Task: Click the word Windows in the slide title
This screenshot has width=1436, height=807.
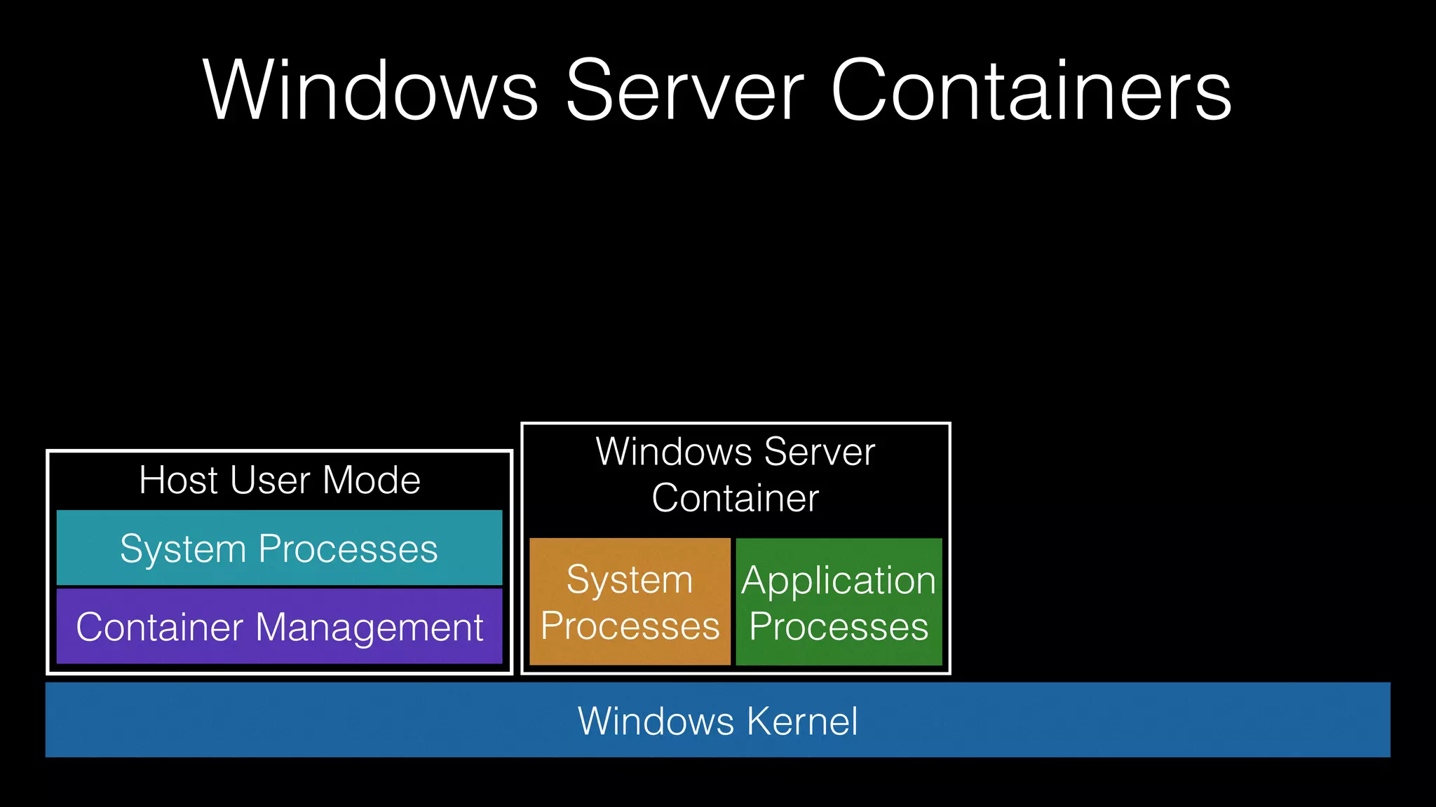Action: pyautogui.click(x=371, y=91)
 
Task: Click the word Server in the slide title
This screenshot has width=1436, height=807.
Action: pyautogui.click(x=684, y=91)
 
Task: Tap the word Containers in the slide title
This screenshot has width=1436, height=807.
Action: pyautogui.click(x=1031, y=91)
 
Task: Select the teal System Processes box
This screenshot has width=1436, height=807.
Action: pyautogui.click(x=279, y=548)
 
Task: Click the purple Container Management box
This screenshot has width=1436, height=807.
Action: pyautogui.click(x=279, y=626)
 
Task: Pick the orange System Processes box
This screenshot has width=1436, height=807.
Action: pyautogui.click(x=630, y=602)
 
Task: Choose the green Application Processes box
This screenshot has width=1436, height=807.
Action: pyautogui.click(x=839, y=602)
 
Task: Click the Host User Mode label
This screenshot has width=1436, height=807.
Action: pyautogui.click(x=279, y=481)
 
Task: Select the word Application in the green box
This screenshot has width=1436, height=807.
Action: pyautogui.click(x=839, y=581)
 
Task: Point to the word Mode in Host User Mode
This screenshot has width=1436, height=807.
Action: pyautogui.click(x=372, y=481)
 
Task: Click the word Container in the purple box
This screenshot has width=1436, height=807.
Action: pyautogui.click(x=161, y=627)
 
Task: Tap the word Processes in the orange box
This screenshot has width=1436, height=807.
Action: pyautogui.click(x=630, y=626)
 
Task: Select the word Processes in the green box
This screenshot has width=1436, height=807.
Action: pyautogui.click(x=839, y=626)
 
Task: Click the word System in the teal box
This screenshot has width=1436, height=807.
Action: pyautogui.click(x=184, y=549)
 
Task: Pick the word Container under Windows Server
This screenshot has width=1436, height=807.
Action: pyautogui.click(x=735, y=498)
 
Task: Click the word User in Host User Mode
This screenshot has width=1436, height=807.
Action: pyautogui.click(x=270, y=481)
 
